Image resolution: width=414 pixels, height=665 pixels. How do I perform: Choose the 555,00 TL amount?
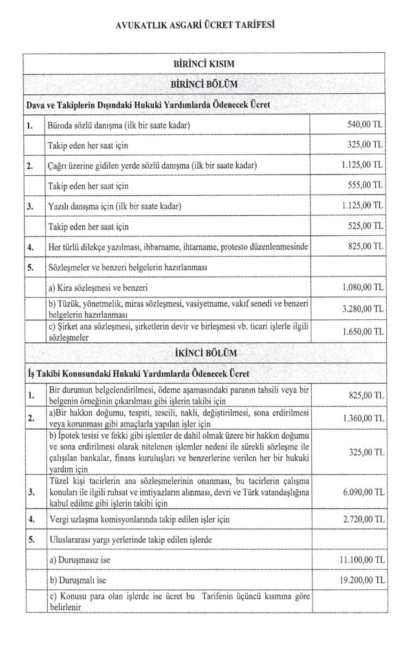(x=365, y=185)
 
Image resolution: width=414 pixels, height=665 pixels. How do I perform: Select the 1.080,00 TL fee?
(x=362, y=286)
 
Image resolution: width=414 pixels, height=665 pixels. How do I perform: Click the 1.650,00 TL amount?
(x=362, y=332)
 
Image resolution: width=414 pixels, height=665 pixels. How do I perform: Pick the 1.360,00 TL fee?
(x=362, y=419)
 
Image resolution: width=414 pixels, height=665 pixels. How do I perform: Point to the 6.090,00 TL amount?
(x=362, y=492)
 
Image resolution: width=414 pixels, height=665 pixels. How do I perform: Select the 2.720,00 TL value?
(x=362, y=519)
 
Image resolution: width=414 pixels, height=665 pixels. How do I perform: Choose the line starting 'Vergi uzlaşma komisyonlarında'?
(x=139, y=519)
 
